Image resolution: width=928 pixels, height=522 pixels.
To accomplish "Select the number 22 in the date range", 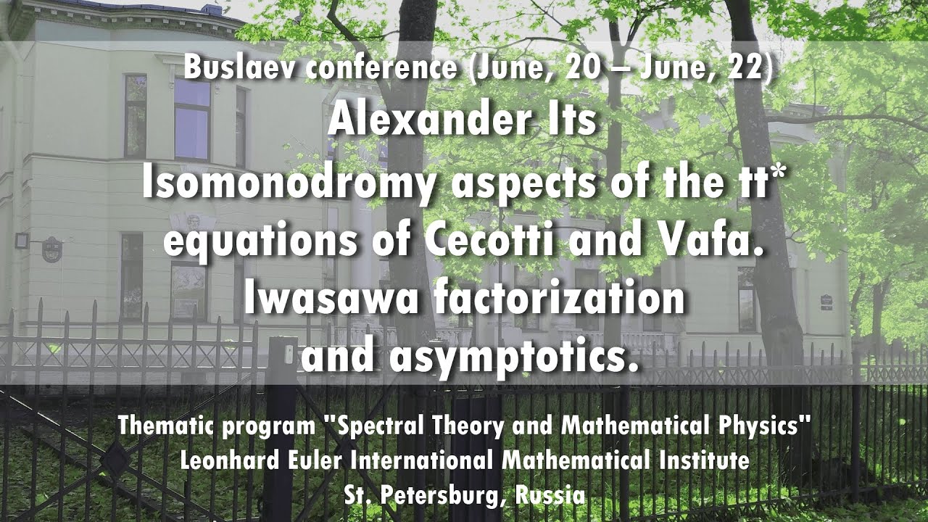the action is [x=744, y=67].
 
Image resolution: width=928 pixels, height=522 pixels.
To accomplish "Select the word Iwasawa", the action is [x=331, y=299].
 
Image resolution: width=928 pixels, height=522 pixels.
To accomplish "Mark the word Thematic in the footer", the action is [x=165, y=426].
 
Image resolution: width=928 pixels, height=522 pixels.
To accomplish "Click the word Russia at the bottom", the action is [x=550, y=494].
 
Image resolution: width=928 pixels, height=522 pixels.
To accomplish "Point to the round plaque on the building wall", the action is [x=51, y=250].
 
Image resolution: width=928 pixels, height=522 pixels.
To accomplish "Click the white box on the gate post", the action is [x=289, y=352].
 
